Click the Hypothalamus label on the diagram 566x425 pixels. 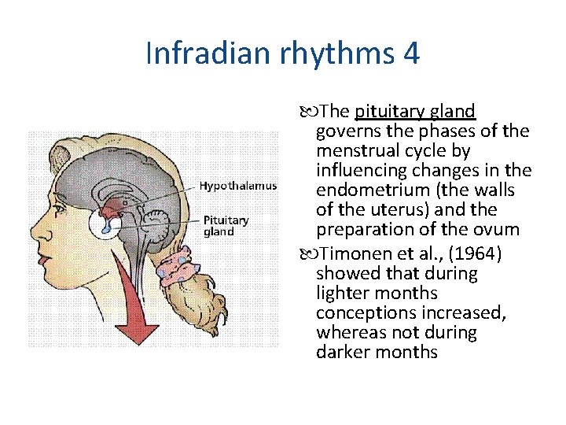(x=237, y=187)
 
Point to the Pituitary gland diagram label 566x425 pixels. (x=226, y=226)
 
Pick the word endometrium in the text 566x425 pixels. (x=365, y=190)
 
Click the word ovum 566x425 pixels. (x=501, y=230)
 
